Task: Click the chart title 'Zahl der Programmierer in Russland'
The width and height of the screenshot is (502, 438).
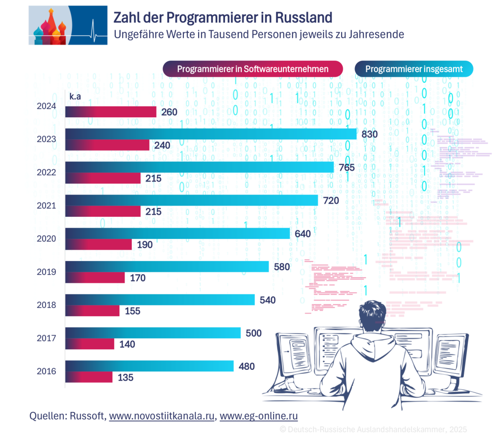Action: point(223,17)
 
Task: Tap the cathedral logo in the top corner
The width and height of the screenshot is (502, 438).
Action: point(68,25)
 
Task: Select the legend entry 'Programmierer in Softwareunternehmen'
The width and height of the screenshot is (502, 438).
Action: point(252,69)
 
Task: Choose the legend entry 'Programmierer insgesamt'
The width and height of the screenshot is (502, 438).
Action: point(414,69)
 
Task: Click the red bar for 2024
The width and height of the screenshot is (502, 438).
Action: point(111,112)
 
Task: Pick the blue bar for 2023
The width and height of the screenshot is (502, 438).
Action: point(211,134)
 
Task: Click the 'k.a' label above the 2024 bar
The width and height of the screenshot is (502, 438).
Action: point(75,97)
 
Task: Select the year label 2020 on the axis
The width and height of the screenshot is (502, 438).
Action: point(47,239)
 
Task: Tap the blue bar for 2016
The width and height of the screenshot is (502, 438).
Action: point(150,366)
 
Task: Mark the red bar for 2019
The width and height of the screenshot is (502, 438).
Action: point(95,278)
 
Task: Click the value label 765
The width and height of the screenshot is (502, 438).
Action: point(347,167)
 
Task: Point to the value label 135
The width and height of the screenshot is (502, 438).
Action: point(125,378)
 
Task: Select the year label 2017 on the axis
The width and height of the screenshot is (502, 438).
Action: point(47,338)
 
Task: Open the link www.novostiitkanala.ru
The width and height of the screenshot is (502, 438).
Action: point(162,416)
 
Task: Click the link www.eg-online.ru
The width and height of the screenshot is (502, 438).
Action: point(259,416)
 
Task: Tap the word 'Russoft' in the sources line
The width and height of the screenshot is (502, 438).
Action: point(88,416)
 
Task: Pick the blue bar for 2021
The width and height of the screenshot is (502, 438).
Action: point(191,200)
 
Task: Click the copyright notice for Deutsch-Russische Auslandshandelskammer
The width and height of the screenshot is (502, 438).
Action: point(373,429)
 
